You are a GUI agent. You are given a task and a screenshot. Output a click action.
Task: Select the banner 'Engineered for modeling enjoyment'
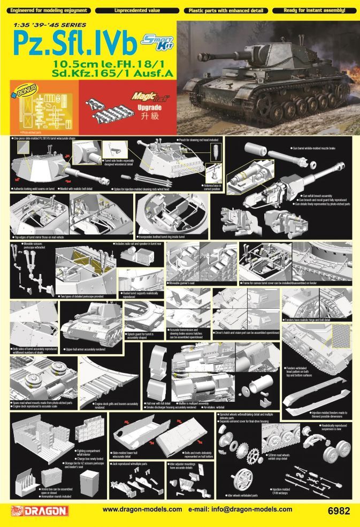[45, 10]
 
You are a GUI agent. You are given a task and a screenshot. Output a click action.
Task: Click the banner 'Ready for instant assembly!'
[314, 10]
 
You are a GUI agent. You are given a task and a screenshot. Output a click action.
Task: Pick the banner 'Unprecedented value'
[135, 10]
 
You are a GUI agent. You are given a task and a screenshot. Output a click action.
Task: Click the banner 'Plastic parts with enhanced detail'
[225, 10]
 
